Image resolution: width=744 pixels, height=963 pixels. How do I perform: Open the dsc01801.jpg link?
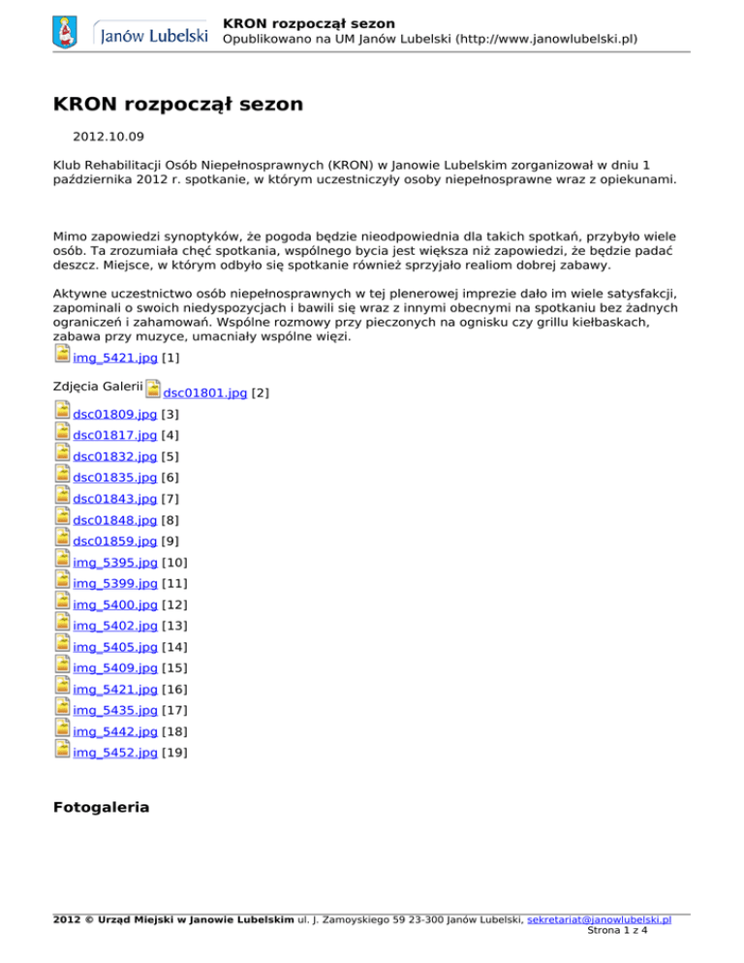coord(204,393)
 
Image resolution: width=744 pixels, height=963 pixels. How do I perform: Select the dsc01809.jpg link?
coord(114,415)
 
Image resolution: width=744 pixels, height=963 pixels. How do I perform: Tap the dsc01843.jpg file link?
coord(114,499)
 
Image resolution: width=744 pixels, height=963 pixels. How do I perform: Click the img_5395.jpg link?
coord(114,563)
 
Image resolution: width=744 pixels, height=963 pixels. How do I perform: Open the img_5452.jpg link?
coord(114,753)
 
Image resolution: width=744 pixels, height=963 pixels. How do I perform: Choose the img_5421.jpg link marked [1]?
coord(114,358)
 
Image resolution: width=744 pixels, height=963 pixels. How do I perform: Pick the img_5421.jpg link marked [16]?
coord(114,690)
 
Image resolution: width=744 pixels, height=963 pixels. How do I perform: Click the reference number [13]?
coord(174,626)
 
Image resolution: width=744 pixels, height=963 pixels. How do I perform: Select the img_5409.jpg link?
coord(114,668)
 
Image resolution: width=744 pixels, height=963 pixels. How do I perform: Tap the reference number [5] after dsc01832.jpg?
coord(170,457)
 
